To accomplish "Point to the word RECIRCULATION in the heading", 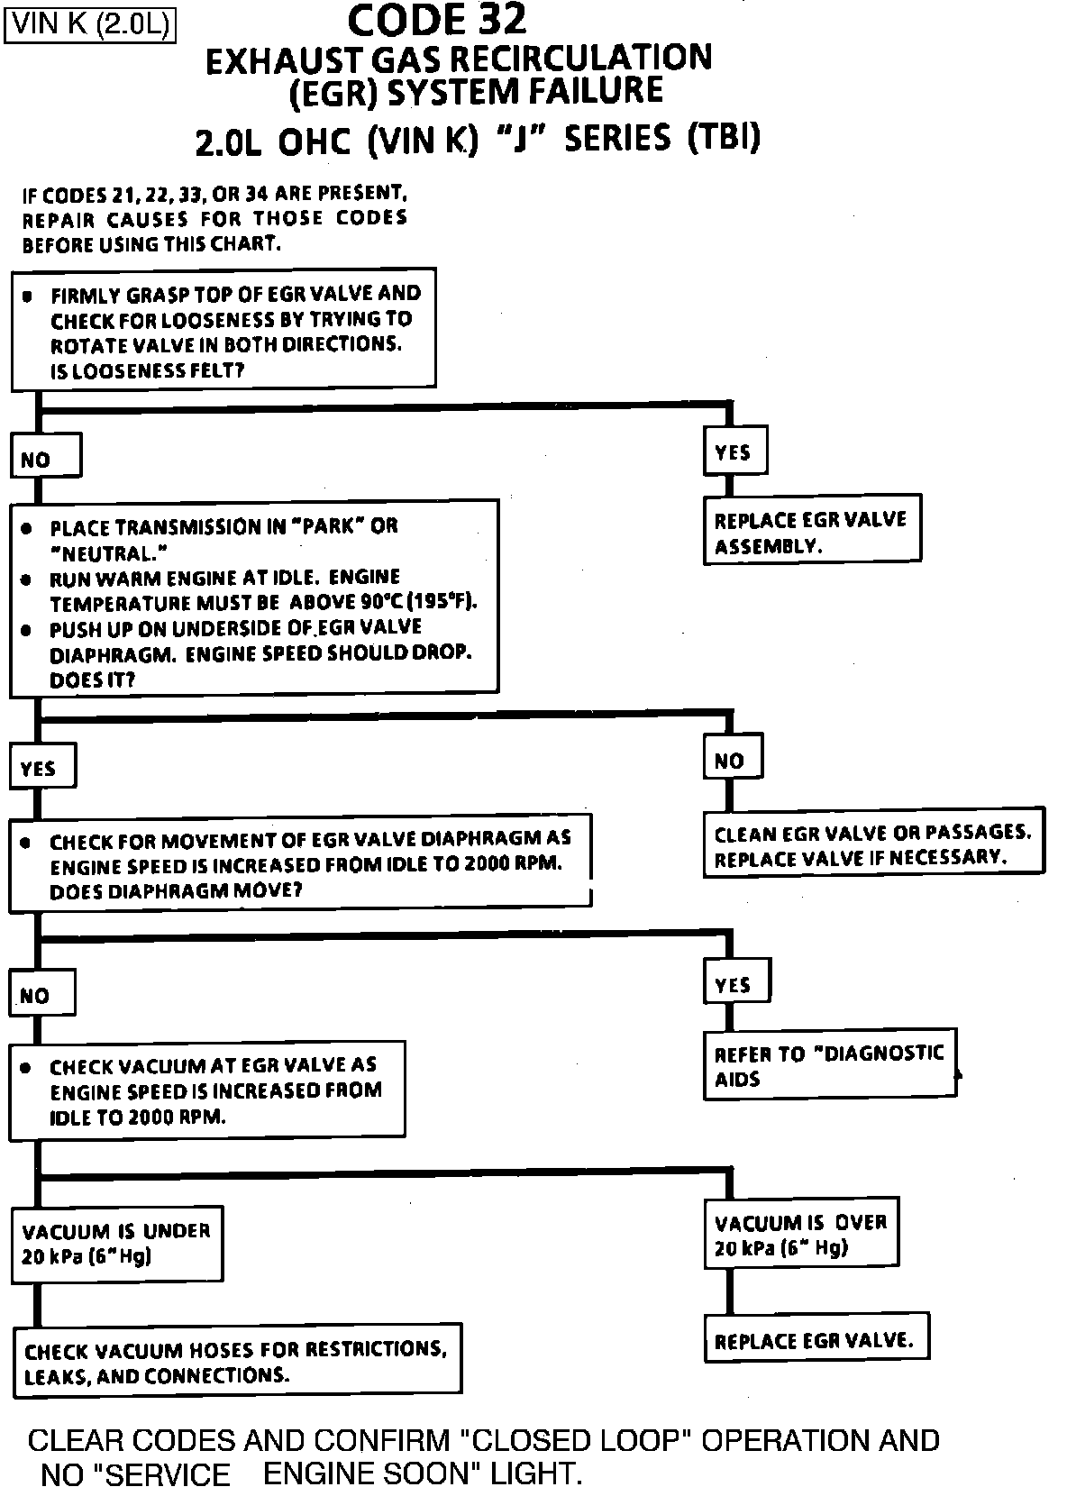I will pyautogui.click(x=580, y=59).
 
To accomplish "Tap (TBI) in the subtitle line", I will pyautogui.click(x=724, y=138).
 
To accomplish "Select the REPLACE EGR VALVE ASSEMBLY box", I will pyautogui.click(x=811, y=531).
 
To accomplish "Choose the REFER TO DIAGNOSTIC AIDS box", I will pyautogui.click(x=829, y=1065).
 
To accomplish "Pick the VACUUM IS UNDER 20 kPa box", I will pyautogui.click(x=116, y=1244).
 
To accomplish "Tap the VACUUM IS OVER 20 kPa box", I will pyautogui.click(x=801, y=1235).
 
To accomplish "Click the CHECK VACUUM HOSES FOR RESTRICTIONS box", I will pyautogui.click(x=236, y=1361).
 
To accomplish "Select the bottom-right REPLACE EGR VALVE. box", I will pyautogui.click(x=815, y=1340).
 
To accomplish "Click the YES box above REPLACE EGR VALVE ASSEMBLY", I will pyautogui.click(x=734, y=452).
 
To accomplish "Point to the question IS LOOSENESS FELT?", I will pyautogui.click(x=147, y=369).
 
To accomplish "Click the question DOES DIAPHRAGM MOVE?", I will pyautogui.click(x=176, y=891).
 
